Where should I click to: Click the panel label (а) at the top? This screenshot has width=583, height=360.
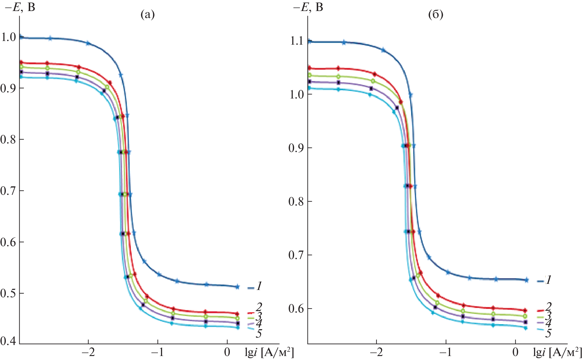click(148, 14)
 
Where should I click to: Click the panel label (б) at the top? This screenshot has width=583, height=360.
click(435, 14)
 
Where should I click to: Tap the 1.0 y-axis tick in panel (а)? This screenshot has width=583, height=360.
click(8, 37)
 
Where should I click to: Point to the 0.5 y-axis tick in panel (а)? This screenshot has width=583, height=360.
click(8, 293)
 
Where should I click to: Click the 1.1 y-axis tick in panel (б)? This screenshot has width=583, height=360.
click(297, 41)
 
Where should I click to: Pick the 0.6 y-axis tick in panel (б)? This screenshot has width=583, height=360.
click(297, 309)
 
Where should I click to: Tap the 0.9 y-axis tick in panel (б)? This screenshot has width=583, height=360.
click(297, 148)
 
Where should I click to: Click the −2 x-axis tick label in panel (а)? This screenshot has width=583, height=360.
click(88, 352)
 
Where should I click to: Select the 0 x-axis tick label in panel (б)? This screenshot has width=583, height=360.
click(515, 352)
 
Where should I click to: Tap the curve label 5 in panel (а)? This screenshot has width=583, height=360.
click(259, 334)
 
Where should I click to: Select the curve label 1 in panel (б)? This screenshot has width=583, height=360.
click(548, 280)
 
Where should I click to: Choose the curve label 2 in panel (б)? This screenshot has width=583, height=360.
click(548, 306)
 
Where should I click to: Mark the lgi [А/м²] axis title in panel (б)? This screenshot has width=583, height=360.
click(557, 353)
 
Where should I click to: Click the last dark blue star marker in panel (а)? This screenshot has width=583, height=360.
click(237, 287)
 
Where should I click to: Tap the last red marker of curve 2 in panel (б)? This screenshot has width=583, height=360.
click(525, 310)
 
